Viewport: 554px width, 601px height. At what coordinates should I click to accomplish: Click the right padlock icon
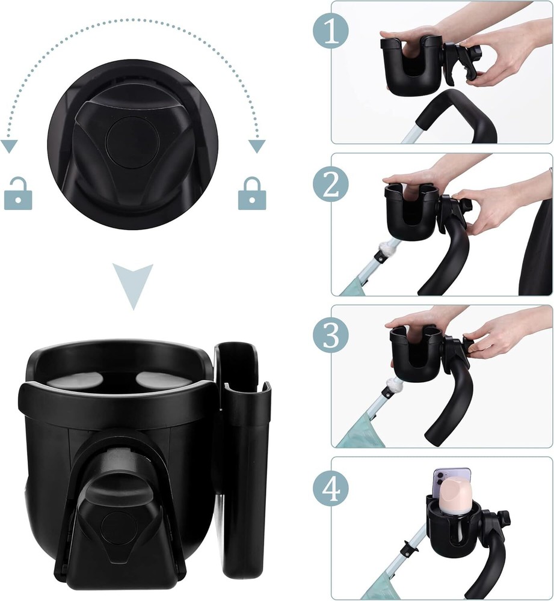pos(251,196)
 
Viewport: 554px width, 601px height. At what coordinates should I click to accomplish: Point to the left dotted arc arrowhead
pos(8,147)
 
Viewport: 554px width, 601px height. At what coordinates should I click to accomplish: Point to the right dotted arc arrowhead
pos(257,146)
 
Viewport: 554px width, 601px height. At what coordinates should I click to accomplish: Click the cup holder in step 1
pos(410,68)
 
